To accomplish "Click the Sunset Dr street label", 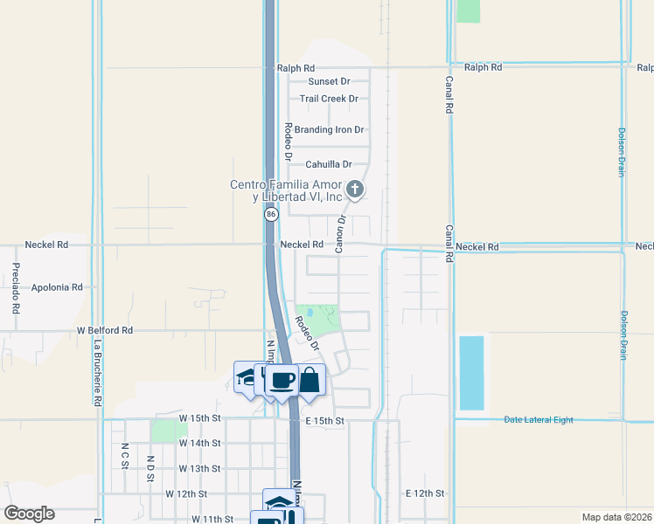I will (329, 81).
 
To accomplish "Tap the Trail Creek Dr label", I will (329, 99).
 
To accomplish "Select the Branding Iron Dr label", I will (329, 130).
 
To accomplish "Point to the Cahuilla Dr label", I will (328, 164).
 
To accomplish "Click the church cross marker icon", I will (355, 189).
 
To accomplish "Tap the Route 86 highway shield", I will (271, 214).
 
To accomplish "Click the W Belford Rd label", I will (105, 331).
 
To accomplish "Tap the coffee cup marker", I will (282, 381).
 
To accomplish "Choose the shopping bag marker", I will (309, 381).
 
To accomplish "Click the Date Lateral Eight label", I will (539, 420).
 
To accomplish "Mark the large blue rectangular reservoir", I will (470, 373).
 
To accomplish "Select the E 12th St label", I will (426, 493).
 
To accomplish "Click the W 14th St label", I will (199, 444).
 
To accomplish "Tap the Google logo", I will (29, 514).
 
